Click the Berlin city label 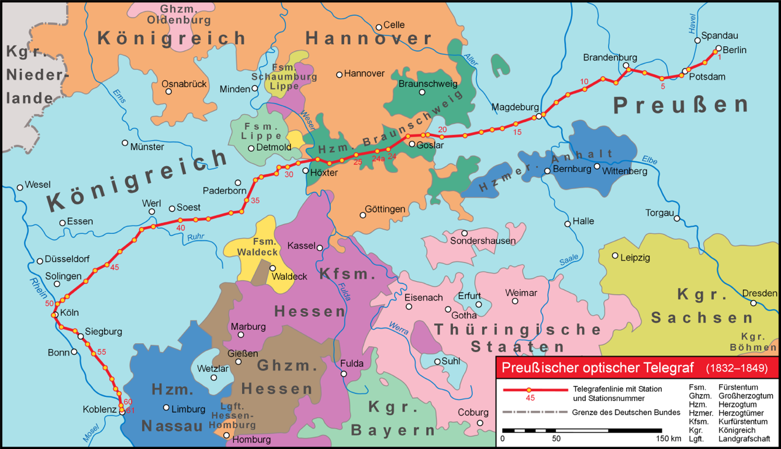(x=734, y=50)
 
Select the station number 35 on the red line (x=255, y=201)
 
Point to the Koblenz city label (x=99, y=409)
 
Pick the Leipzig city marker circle (x=615, y=255)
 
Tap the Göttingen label (x=385, y=209)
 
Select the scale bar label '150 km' (x=668, y=438)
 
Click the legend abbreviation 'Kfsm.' (x=700, y=422)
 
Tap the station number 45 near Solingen (x=114, y=267)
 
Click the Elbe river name (x=649, y=159)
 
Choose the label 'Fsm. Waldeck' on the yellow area (x=254, y=247)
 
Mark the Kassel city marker (x=320, y=247)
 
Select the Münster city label (x=147, y=147)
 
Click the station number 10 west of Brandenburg (x=584, y=81)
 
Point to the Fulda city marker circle (x=344, y=374)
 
